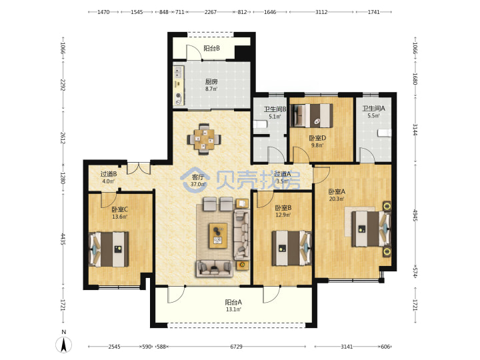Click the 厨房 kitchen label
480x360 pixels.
(x=211, y=81)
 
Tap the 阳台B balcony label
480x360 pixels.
(x=211, y=48)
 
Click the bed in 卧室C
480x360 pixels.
(x=109, y=249)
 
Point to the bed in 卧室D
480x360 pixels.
(x=311, y=115)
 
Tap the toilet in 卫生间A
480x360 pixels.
(x=385, y=133)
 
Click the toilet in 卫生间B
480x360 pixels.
(x=260, y=124)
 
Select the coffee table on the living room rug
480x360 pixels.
(x=218, y=235)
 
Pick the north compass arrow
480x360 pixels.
(x=64, y=344)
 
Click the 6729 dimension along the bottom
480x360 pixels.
(x=236, y=347)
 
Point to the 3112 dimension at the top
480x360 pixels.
(x=321, y=12)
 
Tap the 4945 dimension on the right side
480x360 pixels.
(x=415, y=215)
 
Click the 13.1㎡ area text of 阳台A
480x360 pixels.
(x=233, y=309)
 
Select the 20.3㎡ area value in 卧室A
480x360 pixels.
(x=337, y=199)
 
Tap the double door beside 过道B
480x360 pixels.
(x=139, y=167)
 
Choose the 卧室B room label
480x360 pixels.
(x=283, y=208)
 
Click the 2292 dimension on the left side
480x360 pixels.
(x=63, y=85)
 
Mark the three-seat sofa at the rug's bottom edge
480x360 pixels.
(x=214, y=269)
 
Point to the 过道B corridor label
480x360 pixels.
(x=109, y=174)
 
